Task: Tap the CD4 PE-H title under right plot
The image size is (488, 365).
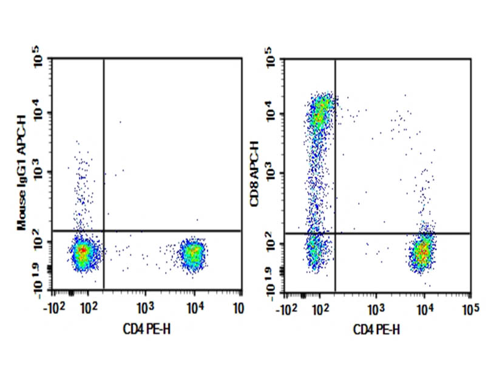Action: (x=377, y=329)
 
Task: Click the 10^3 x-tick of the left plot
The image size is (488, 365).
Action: (x=144, y=308)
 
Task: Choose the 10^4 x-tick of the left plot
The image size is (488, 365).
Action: (x=195, y=308)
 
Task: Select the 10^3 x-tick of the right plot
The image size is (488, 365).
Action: (x=375, y=308)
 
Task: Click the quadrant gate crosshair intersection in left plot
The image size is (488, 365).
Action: (x=104, y=231)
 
